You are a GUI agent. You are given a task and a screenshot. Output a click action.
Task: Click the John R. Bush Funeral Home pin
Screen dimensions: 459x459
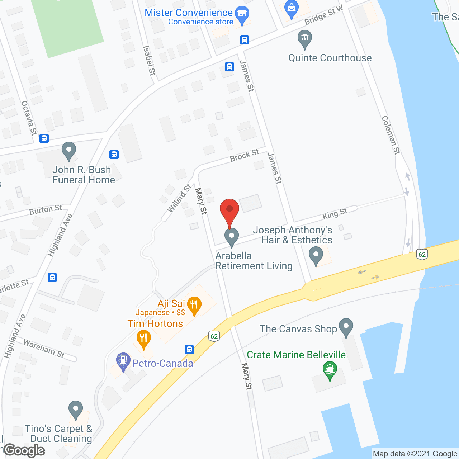(68, 151)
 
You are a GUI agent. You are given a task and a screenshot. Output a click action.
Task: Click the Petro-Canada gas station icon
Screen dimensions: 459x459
(123, 361)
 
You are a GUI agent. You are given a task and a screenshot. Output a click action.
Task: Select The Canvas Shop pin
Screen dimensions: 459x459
(346, 327)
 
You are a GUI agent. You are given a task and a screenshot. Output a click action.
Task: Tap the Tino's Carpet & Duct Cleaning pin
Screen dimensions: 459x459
(76, 409)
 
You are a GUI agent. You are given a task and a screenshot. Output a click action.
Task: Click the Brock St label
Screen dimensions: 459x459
(245, 155)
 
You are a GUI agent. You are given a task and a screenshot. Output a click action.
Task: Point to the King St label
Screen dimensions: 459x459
(335, 214)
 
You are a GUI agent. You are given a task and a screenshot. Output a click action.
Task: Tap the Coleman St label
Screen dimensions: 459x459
(391, 135)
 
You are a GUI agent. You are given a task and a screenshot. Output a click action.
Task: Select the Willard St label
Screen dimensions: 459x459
(179, 198)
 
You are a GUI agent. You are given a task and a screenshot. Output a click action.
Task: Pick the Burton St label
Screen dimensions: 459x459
(46, 210)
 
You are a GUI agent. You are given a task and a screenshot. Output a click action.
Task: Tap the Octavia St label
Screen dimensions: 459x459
(29, 118)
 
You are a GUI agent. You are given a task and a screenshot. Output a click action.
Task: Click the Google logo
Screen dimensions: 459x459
(24, 450)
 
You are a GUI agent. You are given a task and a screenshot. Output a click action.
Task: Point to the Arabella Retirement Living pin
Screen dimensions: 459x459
(232, 237)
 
